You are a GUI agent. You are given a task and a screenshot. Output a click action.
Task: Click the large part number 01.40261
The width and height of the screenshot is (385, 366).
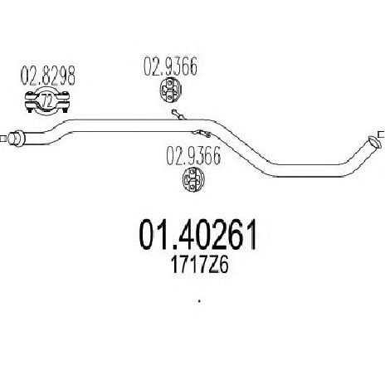198,234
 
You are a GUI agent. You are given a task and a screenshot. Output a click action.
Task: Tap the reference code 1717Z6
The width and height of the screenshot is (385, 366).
200,266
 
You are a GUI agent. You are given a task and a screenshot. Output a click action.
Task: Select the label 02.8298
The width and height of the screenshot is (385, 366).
48,76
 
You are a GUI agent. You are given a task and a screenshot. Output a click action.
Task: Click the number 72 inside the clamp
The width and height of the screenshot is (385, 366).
47,101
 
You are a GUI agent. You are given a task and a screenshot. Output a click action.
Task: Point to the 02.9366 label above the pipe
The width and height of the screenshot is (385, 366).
170,66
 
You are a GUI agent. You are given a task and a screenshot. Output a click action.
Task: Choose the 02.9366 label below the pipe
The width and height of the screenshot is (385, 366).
193,156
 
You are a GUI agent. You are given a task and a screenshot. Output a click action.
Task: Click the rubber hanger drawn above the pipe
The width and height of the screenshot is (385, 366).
170,90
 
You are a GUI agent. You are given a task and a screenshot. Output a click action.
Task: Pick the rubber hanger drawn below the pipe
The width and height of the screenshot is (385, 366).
193,178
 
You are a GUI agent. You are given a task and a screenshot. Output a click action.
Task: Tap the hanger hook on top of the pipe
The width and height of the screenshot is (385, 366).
179,115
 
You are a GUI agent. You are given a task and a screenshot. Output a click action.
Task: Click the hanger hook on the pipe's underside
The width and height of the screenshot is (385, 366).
202,134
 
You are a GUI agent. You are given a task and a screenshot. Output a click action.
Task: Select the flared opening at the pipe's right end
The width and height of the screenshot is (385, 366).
373,142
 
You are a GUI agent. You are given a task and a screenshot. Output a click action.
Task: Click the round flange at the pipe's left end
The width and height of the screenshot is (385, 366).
16,139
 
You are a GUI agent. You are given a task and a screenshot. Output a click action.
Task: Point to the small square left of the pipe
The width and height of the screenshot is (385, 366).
2,139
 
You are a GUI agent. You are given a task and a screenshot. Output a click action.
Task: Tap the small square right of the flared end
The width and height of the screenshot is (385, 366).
382,134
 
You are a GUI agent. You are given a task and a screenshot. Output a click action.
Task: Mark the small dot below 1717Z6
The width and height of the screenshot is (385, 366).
199,301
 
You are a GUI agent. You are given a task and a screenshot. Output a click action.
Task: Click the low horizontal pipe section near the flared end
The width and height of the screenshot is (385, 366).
309,170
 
